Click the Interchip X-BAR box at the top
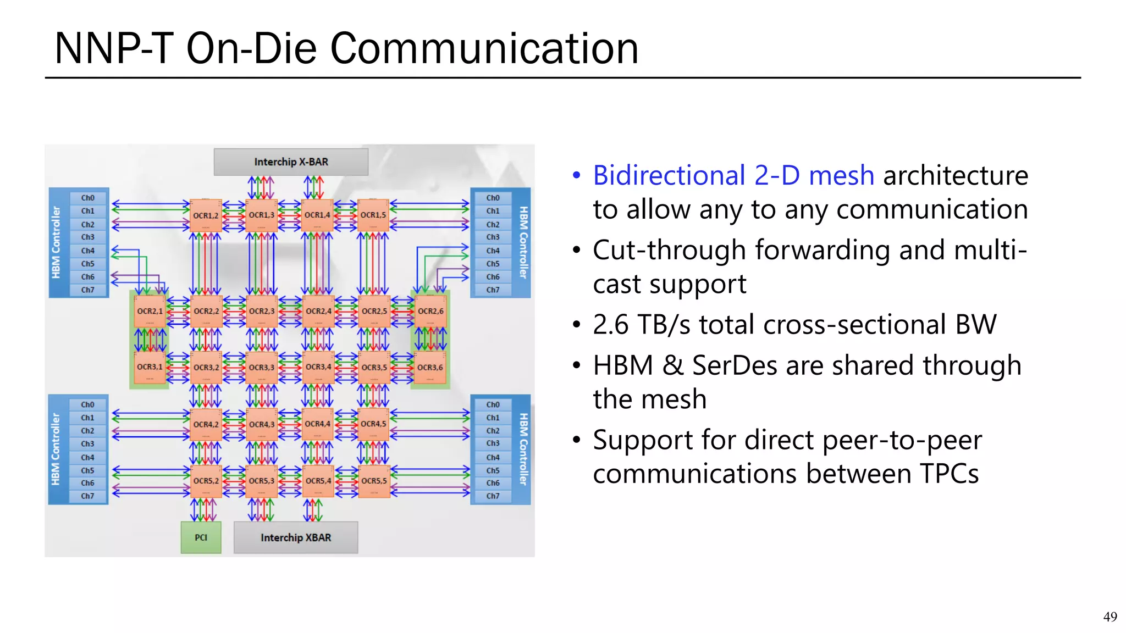[x=291, y=162]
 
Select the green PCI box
[x=201, y=537]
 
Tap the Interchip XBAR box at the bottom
[x=296, y=537]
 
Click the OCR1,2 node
[x=206, y=215]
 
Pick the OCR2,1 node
[x=150, y=312]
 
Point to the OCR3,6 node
[x=430, y=368]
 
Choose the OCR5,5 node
[x=374, y=481]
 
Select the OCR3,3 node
[x=262, y=368]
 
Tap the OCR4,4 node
[x=318, y=424]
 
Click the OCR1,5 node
[x=373, y=215]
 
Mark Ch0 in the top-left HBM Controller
[x=88, y=198]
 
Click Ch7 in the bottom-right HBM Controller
[x=493, y=496]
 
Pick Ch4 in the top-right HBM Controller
[x=493, y=251]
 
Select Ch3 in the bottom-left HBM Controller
[x=88, y=444]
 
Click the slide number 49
[x=1110, y=617]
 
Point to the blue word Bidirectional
[x=669, y=176]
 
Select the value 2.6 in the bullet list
[x=610, y=325]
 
